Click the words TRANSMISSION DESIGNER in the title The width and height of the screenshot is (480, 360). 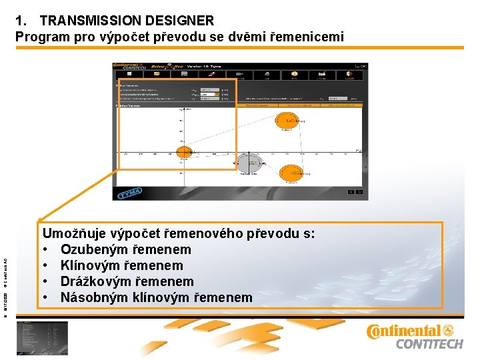(127, 21)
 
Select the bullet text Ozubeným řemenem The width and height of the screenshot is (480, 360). (125, 249)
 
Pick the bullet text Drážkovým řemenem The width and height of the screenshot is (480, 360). (127, 281)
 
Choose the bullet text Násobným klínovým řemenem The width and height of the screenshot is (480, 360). (156, 297)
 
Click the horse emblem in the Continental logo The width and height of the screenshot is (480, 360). (448, 331)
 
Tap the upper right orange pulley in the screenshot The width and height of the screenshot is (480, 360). (288, 121)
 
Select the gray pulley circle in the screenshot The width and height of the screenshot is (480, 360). (251, 162)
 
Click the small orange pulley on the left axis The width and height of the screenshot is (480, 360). (184, 151)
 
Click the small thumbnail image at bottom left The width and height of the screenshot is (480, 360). (44, 337)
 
